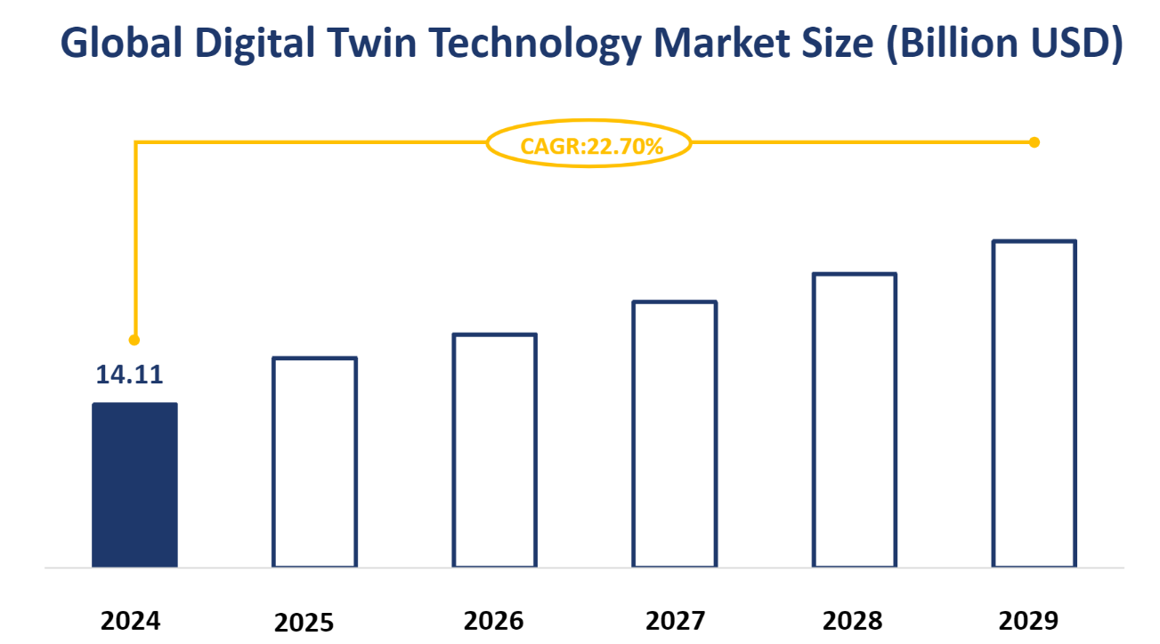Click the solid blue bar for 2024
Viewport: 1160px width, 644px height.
point(134,485)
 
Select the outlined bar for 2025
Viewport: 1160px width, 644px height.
point(314,463)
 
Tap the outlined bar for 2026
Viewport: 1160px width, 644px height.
point(494,450)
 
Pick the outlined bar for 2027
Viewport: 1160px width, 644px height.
point(674,434)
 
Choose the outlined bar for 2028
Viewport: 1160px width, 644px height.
point(854,420)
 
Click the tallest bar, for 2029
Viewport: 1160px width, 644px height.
point(1034,404)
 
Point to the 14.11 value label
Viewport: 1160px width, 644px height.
point(130,374)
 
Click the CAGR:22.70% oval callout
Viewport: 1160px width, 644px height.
point(588,144)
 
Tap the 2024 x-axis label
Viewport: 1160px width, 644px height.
point(131,620)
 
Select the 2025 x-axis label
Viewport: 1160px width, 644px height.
point(304,622)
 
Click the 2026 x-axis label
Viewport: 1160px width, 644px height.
point(494,620)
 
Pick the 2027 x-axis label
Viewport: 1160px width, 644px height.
point(674,620)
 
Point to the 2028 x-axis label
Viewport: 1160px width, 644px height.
point(854,620)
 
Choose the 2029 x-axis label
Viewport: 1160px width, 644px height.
point(1029,620)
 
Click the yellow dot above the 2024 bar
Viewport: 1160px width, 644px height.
point(134,340)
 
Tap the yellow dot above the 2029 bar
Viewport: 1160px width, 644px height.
point(1034,142)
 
